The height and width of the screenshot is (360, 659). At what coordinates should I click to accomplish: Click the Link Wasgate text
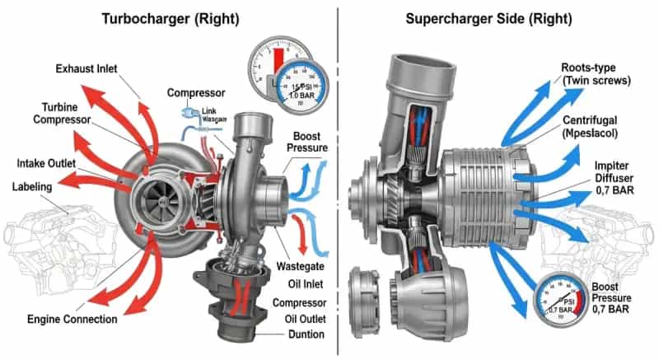(x=196, y=117)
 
